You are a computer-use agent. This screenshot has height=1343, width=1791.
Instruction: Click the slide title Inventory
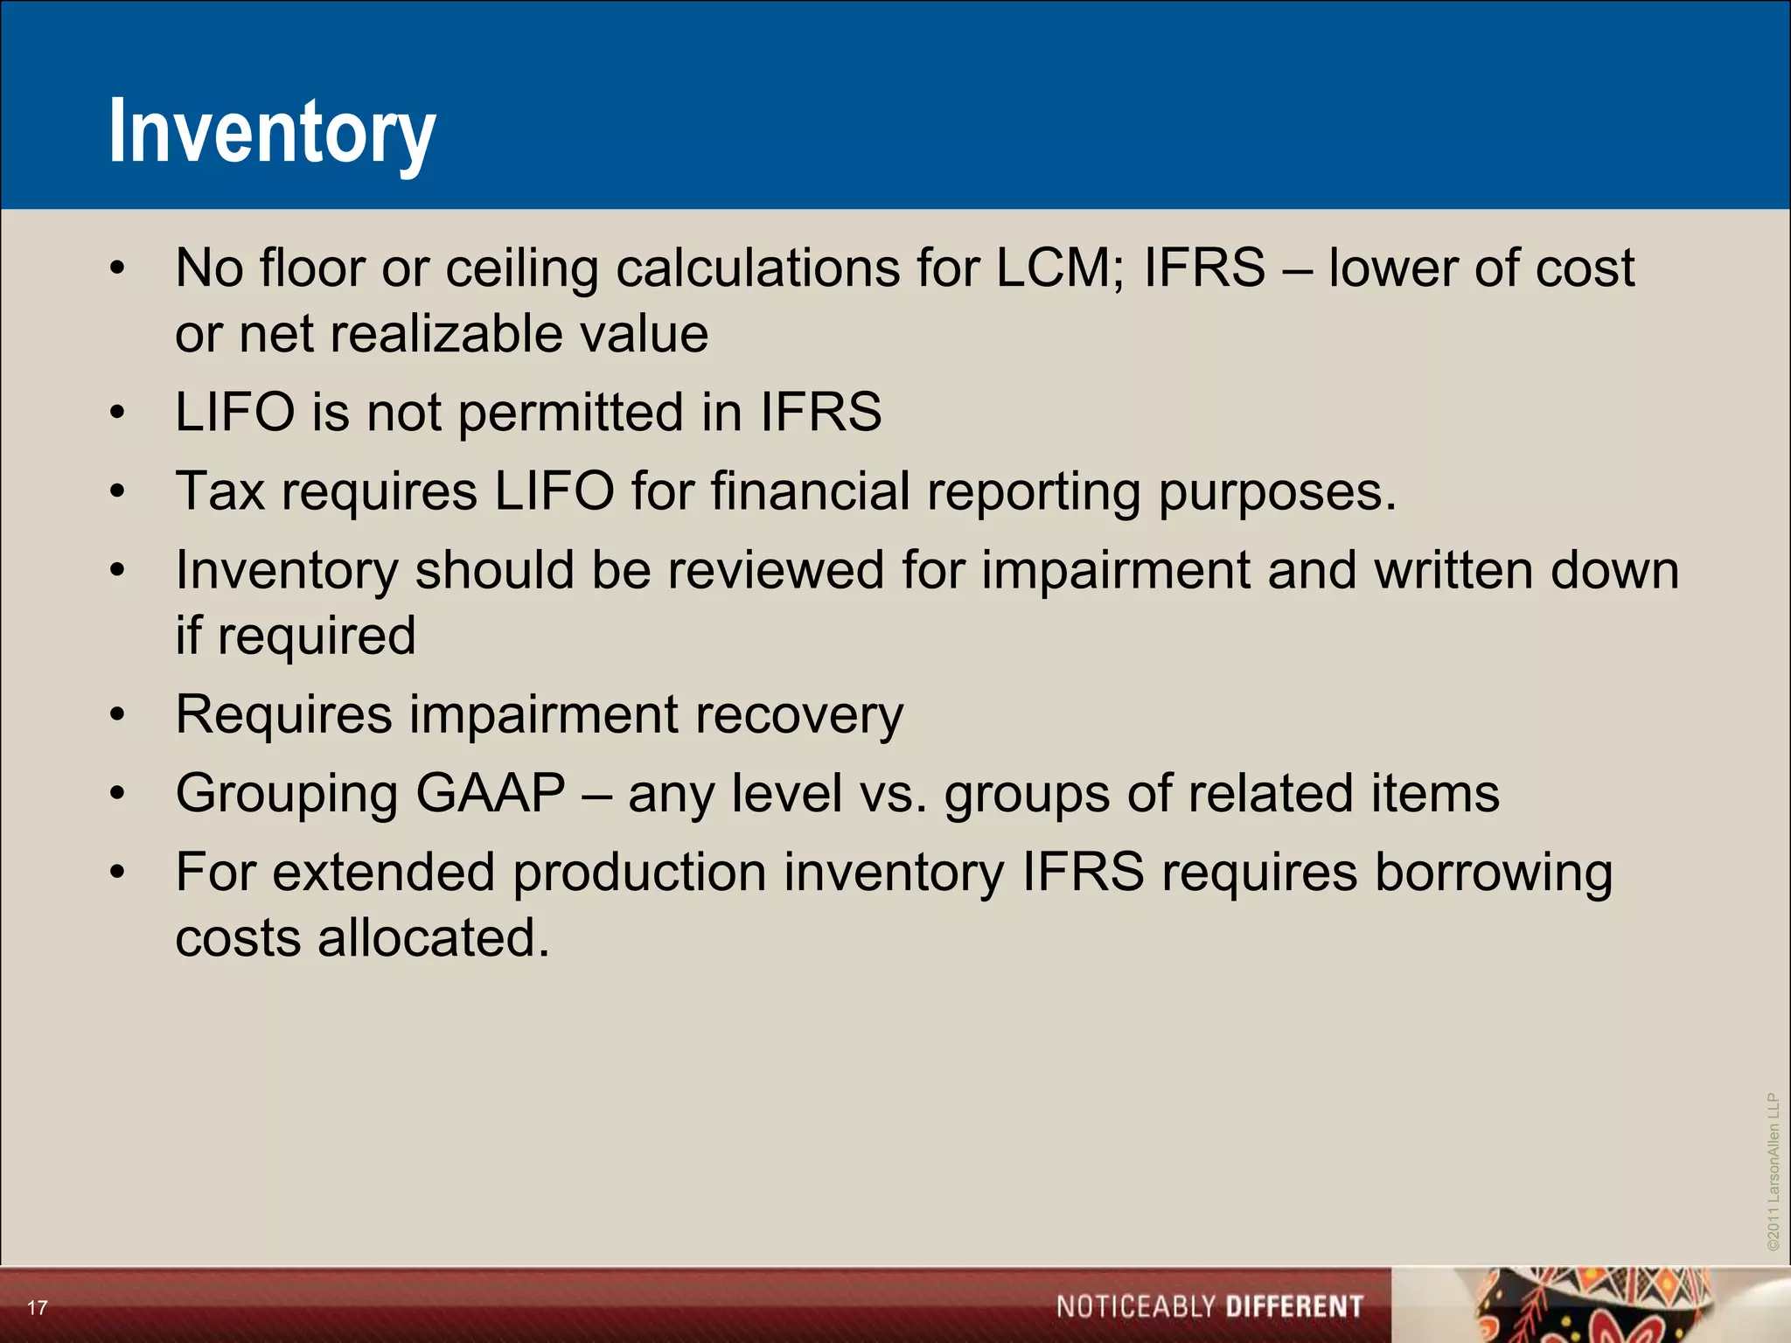[x=272, y=133]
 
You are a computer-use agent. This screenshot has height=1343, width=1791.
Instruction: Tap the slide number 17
[x=37, y=1308]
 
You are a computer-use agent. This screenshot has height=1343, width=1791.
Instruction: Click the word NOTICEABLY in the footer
[x=1136, y=1307]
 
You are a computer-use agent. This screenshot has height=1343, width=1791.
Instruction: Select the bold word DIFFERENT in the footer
[x=1294, y=1307]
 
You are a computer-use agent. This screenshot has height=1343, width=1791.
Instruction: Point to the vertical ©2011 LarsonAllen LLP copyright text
[x=1773, y=1172]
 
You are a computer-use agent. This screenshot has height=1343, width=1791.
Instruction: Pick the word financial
[x=811, y=491]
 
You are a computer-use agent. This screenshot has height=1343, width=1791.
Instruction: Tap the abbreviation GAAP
[x=491, y=793]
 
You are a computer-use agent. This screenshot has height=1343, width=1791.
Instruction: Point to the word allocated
[x=433, y=938]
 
